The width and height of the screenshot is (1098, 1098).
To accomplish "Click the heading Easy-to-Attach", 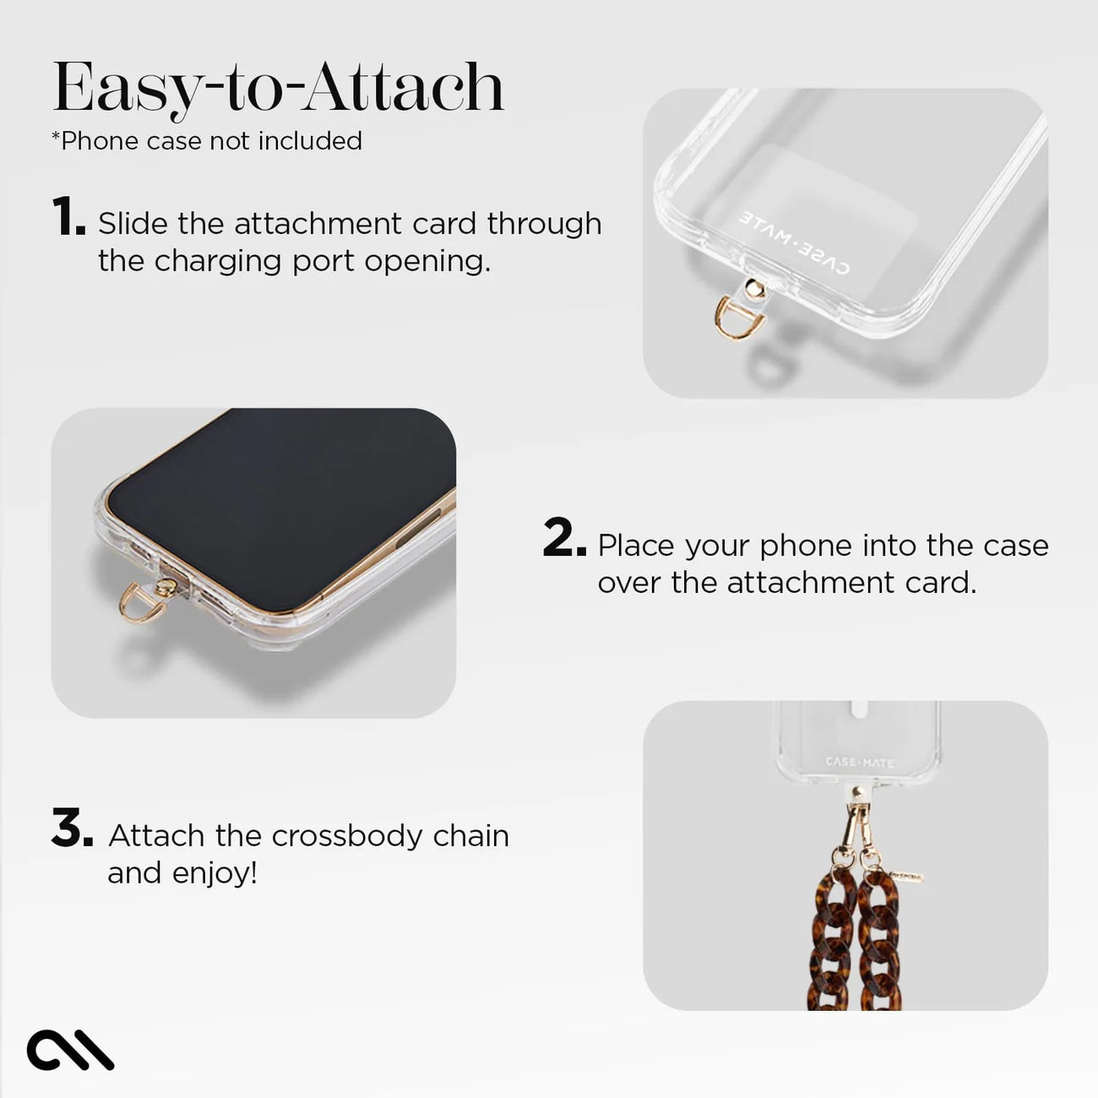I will click(278, 88).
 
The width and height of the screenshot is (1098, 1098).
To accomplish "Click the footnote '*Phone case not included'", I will click(207, 141).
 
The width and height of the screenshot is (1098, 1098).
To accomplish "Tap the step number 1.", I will click(68, 217).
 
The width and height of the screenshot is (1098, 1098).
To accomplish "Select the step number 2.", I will click(563, 538).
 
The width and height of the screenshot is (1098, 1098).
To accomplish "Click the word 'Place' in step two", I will click(636, 546).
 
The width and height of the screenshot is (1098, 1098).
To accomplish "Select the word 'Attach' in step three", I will click(156, 835).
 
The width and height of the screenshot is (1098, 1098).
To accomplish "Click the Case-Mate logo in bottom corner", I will click(70, 1050).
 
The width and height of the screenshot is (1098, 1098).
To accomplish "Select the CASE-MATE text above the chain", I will click(858, 763).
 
